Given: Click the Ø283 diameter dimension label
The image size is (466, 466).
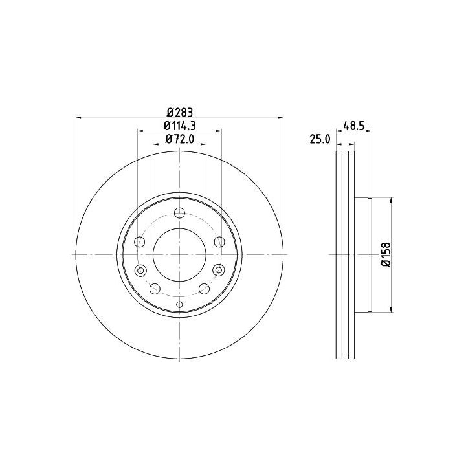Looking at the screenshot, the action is click(180, 113).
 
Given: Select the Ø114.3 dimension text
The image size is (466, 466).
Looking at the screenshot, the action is click(180, 126).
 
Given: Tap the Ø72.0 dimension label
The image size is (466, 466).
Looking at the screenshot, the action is click(180, 139).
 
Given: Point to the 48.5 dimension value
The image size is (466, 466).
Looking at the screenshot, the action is click(353, 126).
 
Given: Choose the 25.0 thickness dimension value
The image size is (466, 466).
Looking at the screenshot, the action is click(320, 139).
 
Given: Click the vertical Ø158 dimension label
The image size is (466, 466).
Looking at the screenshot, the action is click(386, 255).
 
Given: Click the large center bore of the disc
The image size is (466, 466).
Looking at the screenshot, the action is click(179, 255).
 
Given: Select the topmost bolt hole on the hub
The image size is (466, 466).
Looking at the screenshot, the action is click(179, 213).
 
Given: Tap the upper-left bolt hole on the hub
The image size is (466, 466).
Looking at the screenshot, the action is click(140, 242).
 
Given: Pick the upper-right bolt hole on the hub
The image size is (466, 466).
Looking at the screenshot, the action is click(219, 242).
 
